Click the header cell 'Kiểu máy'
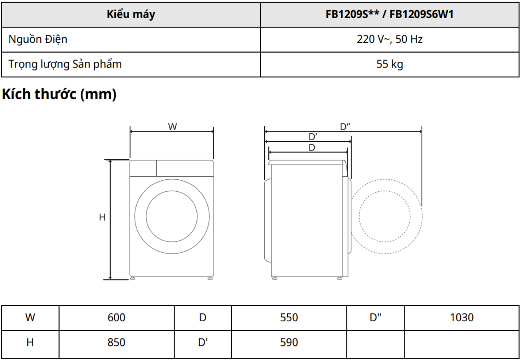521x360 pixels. tap(131, 14)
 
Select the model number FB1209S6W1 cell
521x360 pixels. tap(390, 14)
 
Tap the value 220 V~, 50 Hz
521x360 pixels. tap(390, 39)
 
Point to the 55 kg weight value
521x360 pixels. tap(390, 64)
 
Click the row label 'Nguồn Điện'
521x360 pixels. tap(38, 39)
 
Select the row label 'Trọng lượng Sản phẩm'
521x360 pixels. tap(65, 64)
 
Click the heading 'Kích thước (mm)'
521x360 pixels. tap(59, 94)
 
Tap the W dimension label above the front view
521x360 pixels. tap(172, 127)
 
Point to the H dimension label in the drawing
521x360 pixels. tap(102, 217)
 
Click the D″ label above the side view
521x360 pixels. tap(345, 127)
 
